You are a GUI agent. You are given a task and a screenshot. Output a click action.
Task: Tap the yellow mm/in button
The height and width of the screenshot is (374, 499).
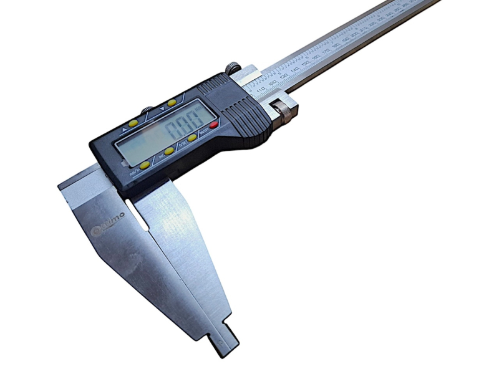coord(145,165)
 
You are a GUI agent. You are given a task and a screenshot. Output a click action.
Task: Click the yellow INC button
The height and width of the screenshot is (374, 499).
coord(169,151)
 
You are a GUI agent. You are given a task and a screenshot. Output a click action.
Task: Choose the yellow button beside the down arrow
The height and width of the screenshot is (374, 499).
coord(171,103)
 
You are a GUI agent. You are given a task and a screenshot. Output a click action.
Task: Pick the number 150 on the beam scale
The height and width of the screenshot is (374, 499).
coord(305,64)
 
